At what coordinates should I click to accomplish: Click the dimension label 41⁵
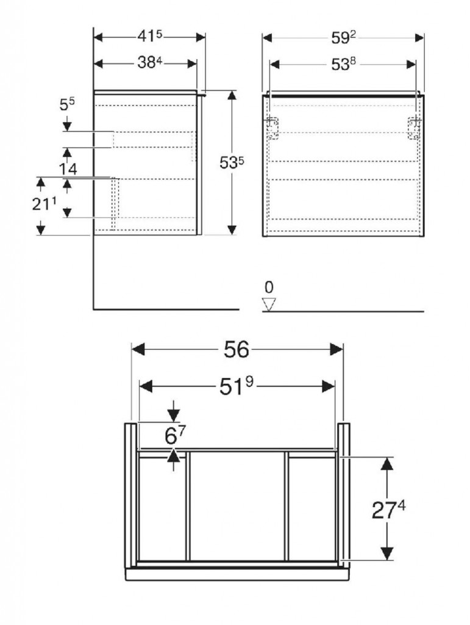(150, 37)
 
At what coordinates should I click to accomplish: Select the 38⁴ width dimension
(150, 63)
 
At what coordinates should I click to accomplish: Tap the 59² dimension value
(343, 38)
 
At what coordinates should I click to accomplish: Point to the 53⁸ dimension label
(343, 64)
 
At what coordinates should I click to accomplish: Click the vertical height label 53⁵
(232, 162)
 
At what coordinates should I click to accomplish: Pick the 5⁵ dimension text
(67, 105)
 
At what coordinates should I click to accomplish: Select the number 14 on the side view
(68, 169)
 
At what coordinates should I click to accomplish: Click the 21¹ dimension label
(44, 204)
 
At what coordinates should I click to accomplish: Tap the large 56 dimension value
(236, 350)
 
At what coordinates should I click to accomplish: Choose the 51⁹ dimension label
(237, 386)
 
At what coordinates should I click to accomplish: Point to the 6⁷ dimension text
(175, 436)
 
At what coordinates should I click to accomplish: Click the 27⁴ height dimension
(388, 510)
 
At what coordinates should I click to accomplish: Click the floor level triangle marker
(269, 304)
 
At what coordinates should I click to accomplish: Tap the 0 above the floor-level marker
(269, 287)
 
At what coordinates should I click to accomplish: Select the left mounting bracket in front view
(272, 128)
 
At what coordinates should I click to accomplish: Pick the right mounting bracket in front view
(414, 128)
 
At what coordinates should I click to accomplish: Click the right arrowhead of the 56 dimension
(336, 350)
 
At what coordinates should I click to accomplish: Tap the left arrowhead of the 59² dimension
(267, 38)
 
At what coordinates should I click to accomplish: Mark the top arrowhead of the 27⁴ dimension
(387, 464)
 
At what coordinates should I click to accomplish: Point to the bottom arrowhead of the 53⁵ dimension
(232, 230)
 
